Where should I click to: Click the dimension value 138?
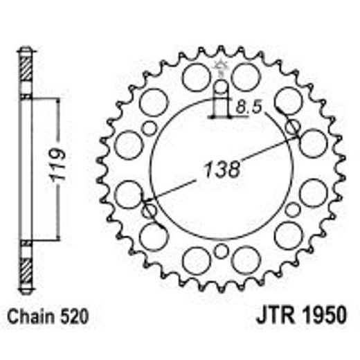tap(221, 168)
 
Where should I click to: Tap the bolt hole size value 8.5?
tap(247, 107)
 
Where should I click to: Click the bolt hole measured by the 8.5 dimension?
tap(221, 88)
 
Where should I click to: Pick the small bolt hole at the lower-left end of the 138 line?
tap(149, 210)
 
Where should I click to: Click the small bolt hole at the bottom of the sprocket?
tap(221, 251)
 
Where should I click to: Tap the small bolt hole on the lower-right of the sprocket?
tap(292, 210)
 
